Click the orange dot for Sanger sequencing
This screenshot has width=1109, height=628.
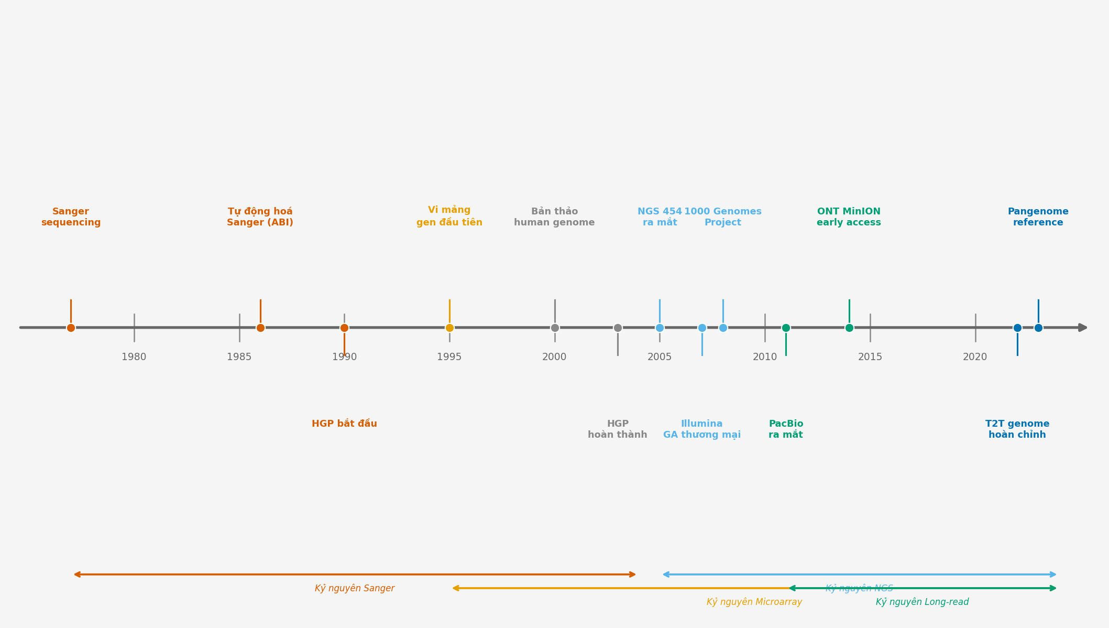pyautogui.click(x=71, y=328)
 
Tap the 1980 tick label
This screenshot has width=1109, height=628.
pyautogui.click(x=134, y=357)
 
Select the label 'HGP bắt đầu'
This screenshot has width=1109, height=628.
pyautogui.click(x=344, y=424)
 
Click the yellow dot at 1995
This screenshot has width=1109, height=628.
pyautogui.click(x=449, y=328)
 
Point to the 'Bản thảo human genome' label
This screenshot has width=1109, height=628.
pyautogui.click(x=554, y=217)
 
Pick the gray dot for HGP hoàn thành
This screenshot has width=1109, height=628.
pyautogui.click(x=618, y=328)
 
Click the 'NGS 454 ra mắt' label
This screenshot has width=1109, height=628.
pyautogui.click(x=660, y=217)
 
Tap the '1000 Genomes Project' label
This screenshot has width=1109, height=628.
pyautogui.click(x=723, y=217)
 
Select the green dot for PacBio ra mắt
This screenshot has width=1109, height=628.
pyautogui.click(x=786, y=328)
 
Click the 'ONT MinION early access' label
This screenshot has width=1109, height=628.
pyautogui.click(x=849, y=217)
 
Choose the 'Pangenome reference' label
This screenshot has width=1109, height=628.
pyautogui.click(x=1038, y=217)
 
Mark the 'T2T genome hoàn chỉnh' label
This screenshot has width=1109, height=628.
pyautogui.click(x=1017, y=429)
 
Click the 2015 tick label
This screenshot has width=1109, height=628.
pyautogui.click(x=870, y=357)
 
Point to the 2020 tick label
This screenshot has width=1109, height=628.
pyautogui.click(x=975, y=357)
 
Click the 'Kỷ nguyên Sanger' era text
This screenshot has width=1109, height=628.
pyautogui.click(x=355, y=588)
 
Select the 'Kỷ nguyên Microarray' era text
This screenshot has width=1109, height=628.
pyautogui.click(x=754, y=602)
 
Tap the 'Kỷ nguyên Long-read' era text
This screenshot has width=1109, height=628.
pyautogui.click(x=922, y=602)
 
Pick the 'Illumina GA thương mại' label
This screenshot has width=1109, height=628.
pyautogui.click(x=701, y=429)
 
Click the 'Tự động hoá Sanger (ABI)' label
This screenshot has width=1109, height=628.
pyautogui.click(x=260, y=217)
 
